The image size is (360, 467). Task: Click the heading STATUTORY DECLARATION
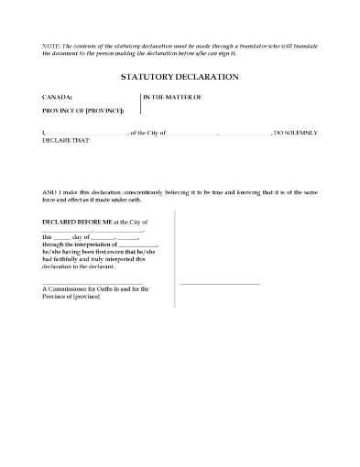[180, 78]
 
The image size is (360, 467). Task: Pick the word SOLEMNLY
[301, 133]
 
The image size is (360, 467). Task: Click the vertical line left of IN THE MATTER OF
[139, 103]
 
